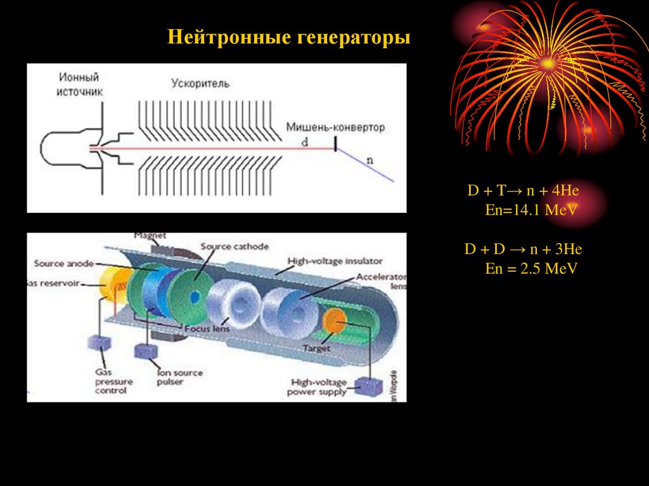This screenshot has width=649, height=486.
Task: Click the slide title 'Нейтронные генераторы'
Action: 289,37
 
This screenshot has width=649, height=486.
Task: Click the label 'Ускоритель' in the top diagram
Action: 200,83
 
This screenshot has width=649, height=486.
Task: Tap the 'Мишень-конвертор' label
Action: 335,127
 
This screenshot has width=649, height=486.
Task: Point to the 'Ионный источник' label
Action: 79,84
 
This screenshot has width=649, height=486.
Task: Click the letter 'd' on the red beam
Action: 305,143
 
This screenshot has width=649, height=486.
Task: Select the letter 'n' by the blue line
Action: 370,160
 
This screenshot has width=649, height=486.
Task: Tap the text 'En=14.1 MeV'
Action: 531,210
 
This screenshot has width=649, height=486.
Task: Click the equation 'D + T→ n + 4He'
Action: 524,191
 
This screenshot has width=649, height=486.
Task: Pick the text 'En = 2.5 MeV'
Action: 531,269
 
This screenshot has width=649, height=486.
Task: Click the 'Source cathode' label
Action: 235,246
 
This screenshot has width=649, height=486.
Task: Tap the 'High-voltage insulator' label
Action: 335,260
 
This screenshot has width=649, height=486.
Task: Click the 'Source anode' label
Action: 62,263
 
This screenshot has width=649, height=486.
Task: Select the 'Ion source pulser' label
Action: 179,377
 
